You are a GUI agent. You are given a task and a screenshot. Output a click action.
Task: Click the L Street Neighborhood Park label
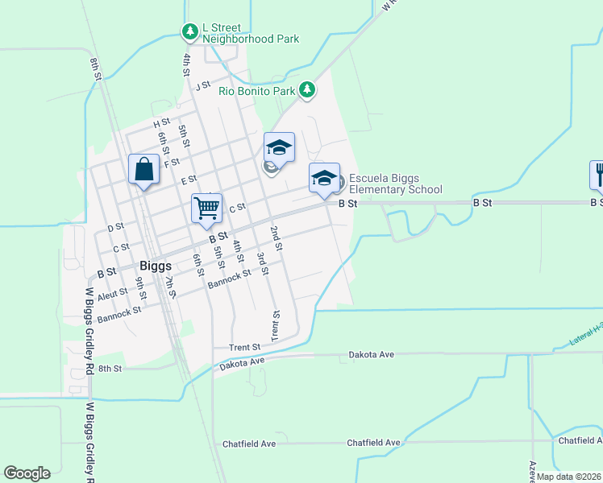pyautogui.click(x=251, y=33)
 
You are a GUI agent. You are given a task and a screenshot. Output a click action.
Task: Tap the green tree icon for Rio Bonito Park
pyautogui.click(x=306, y=91)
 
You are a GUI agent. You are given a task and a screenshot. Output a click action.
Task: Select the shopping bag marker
pyautogui.click(x=143, y=170)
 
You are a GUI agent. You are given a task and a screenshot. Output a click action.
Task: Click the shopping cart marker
pyautogui.click(x=206, y=208)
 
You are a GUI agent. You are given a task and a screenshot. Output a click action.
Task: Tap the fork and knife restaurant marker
pyautogui.click(x=597, y=175)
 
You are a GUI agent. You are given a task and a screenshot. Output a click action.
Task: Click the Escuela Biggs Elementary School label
pyautogui.click(x=395, y=184)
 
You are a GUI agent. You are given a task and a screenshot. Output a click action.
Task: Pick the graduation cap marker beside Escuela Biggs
pyautogui.click(x=324, y=178)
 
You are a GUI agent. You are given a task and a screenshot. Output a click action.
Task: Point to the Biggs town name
pyautogui.click(x=155, y=265)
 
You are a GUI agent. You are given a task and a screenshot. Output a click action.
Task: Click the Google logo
pyautogui.click(x=27, y=473)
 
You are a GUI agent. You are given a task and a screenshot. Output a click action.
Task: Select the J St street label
pyautogui.click(x=202, y=85)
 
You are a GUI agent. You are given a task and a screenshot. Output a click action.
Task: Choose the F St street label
pyautogui.click(x=172, y=162)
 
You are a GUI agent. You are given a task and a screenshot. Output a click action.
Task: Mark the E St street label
pyautogui.click(x=189, y=180)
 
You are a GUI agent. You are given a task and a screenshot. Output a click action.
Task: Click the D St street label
pyautogui.click(x=115, y=228)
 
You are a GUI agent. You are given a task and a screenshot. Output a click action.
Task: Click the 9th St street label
pyautogui.click(x=140, y=283)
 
